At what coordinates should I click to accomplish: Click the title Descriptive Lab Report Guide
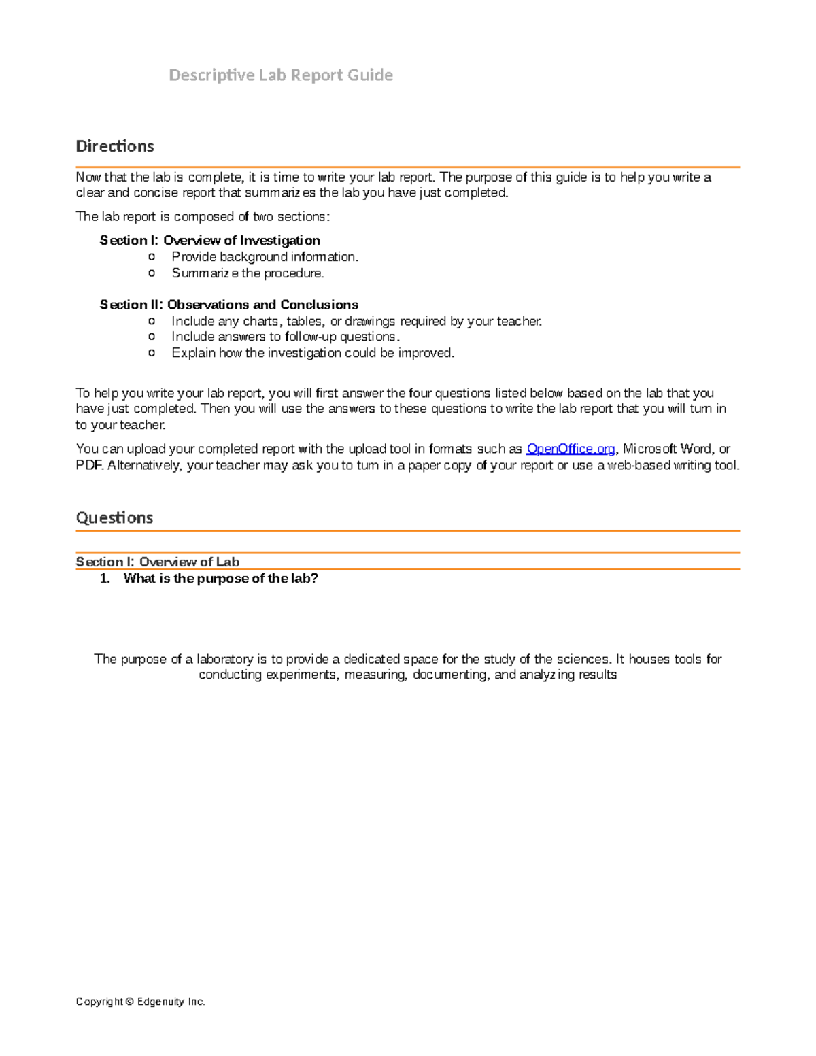click(x=280, y=75)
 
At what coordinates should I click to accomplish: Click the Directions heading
click(x=115, y=146)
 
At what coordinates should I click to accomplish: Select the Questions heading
click(x=114, y=517)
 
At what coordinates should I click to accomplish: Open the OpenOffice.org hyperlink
click(x=571, y=449)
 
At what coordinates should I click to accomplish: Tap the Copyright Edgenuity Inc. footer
click(x=141, y=1002)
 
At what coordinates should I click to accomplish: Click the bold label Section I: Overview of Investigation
click(x=209, y=240)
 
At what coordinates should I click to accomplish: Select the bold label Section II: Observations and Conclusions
click(x=228, y=305)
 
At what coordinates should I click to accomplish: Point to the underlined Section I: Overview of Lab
click(x=157, y=562)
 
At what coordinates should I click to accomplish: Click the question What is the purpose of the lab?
click(x=220, y=579)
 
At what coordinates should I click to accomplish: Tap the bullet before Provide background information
click(x=152, y=257)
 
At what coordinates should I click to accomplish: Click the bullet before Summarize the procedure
click(x=152, y=273)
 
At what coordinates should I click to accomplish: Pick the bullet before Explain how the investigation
click(x=152, y=353)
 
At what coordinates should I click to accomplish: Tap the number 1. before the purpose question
click(x=105, y=579)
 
